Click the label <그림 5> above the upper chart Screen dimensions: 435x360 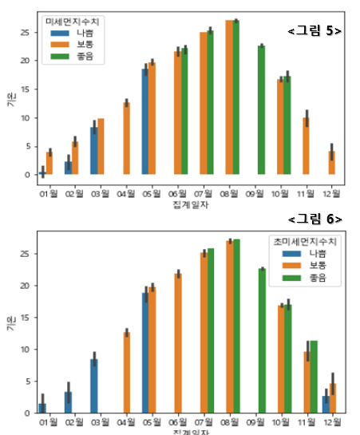[315, 31]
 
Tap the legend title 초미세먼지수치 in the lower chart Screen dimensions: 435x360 [303, 239]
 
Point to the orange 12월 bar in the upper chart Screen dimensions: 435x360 [332, 163]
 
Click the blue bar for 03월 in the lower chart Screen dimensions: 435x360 [94, 386]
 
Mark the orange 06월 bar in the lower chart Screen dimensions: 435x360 [178, 343]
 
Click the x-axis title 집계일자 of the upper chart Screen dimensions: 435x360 [188, 206]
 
